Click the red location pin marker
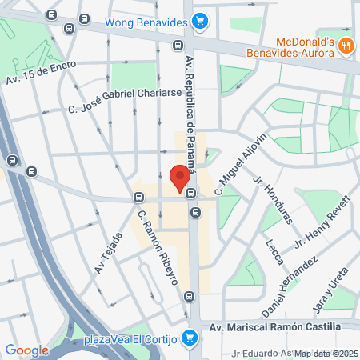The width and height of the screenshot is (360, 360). click(x=180, y=175)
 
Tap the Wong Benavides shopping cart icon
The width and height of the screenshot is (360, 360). click(x=202, y=22)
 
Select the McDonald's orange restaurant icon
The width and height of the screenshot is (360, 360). click(x=345, y=46)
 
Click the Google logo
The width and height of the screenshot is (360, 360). click(x=27, y=350)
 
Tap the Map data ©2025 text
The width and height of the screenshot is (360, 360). click(x=326, y=354)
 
